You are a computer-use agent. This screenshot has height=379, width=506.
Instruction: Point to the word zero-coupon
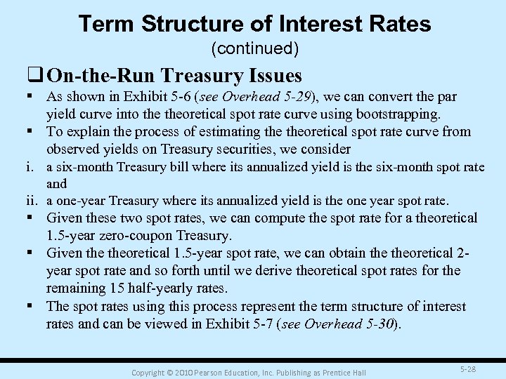point(142,236)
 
